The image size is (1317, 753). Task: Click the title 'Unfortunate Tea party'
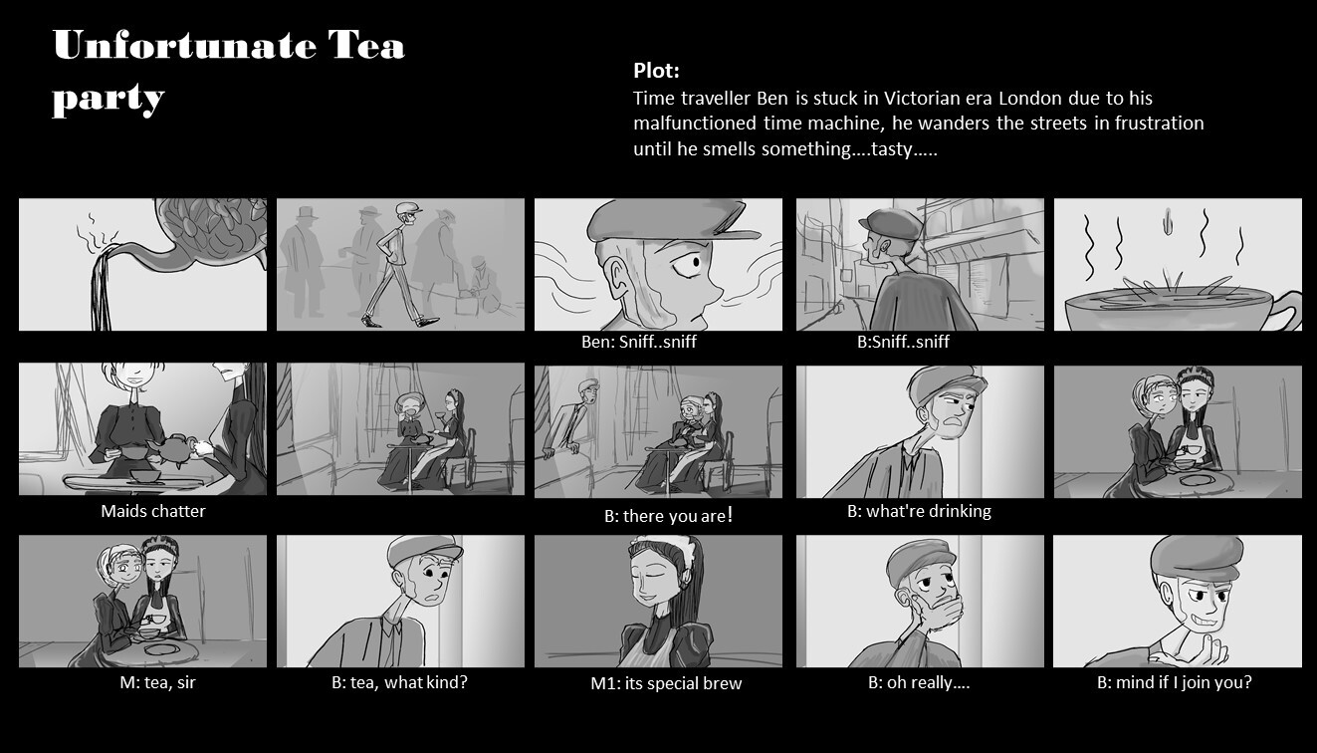click(229, 72)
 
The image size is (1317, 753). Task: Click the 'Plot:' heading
click(656, 71)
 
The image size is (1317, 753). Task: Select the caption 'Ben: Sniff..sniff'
click(638, 342)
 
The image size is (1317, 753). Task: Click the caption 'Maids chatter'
click(153, 511)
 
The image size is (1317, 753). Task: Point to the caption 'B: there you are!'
click(669, 515)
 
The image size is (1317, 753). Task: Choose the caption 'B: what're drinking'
click(919, 511)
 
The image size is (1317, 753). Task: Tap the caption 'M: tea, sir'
click(157, 682)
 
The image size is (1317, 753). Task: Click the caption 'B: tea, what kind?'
click(399, 682)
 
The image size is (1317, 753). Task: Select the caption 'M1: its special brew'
click(666, 683)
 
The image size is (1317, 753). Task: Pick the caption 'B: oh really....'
click(919, 682)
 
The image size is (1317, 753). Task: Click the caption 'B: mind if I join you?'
click(1174, 682)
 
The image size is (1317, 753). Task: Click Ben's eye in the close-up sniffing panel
click(689, 264)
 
